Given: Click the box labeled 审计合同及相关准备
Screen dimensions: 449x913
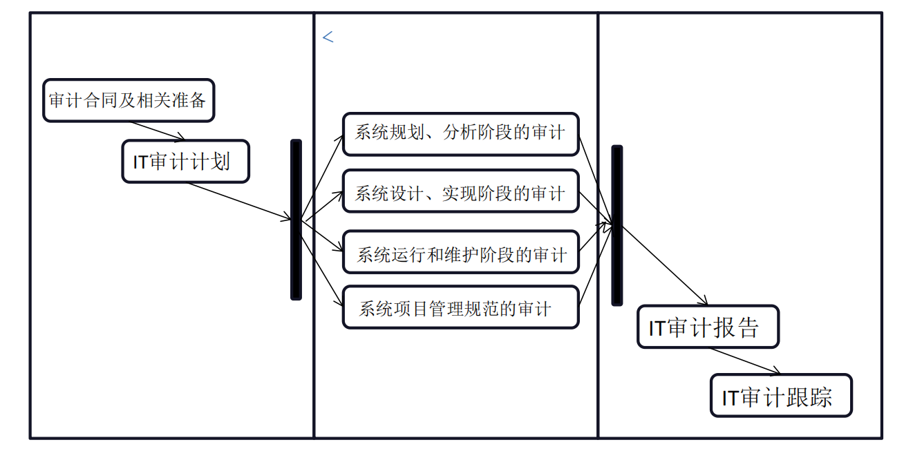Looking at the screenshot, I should pos(128,101).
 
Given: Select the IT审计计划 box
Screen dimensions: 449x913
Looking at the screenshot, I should pos(185,162).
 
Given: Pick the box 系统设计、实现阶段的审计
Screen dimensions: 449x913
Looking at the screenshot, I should pos(460,193).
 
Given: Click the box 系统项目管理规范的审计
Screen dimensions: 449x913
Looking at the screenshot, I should pos(460,307).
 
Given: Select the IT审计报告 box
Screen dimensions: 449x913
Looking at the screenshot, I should pos(708,327).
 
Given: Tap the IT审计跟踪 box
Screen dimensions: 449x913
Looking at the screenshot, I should pos(781,396).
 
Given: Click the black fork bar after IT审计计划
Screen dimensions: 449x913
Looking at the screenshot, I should pos(296,220).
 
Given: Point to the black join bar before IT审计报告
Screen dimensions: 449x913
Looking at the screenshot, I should pos(616,225).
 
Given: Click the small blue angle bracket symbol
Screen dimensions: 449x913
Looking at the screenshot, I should pos(328,38).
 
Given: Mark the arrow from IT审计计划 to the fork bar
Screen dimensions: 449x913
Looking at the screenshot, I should pos(238,202).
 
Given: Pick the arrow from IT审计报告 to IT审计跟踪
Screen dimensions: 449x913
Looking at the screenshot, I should pos(744,361).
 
